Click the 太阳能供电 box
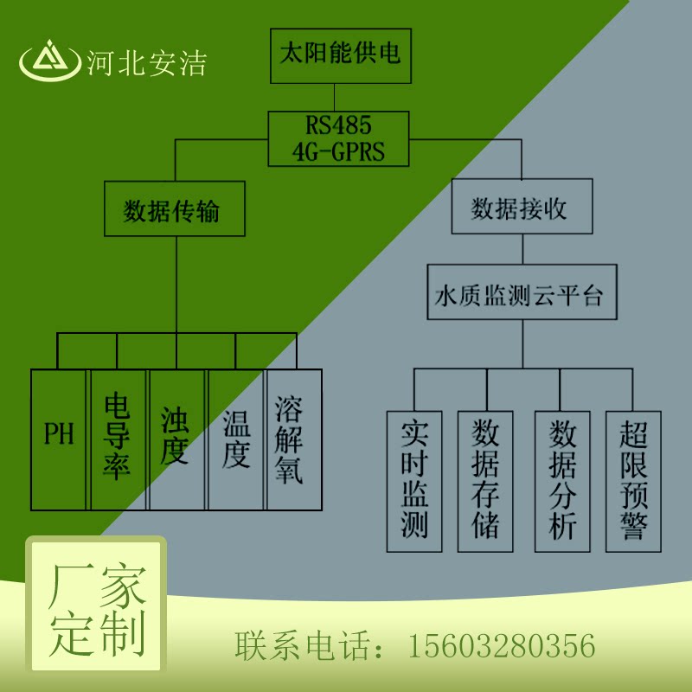[339, 56]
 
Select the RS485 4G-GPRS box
[338, 138]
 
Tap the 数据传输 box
[177, 209]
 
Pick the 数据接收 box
[521, 208]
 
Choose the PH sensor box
[59, 439]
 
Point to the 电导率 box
[117, 439]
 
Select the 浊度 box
[176, 439]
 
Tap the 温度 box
[236, 439]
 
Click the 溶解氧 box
[294, 439]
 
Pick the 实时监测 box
[414, 481]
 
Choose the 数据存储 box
[485, 481]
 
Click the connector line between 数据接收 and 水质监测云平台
[521, 249]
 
